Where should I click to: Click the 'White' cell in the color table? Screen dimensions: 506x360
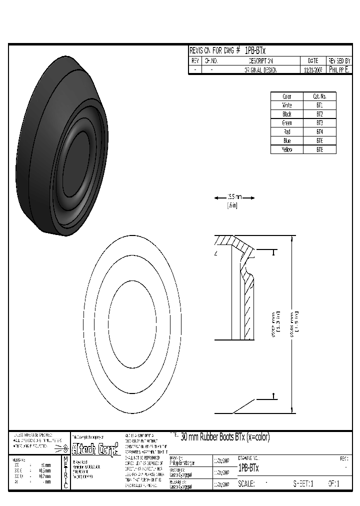coord(287,105)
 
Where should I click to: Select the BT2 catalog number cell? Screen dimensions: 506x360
coord(319,114)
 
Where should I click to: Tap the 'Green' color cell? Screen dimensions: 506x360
coord(287,123)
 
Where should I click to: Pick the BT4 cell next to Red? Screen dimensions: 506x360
coord(319,132)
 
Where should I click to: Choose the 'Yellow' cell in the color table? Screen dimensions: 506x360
coord(287,149)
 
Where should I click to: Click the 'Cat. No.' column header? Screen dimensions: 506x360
coord(319,96)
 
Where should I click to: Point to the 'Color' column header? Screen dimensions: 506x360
coord(287,96)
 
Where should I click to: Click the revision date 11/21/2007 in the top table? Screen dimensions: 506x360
coord(313,70)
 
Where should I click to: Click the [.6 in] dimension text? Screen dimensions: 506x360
coord(232,205)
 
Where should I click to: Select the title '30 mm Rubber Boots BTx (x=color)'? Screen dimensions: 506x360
coord(224,437)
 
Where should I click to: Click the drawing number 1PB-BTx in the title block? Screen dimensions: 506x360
coord(248,468)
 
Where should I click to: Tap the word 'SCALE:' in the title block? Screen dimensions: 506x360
coord(246,483)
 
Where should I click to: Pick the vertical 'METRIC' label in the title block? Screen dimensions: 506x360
coord(65,472)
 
